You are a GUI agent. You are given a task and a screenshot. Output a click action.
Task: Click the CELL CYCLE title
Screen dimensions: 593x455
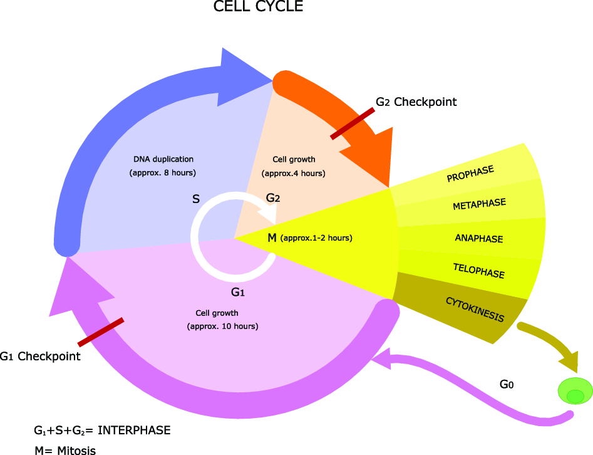point(259,6)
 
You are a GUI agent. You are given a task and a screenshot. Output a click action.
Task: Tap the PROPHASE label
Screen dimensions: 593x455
point(470,174)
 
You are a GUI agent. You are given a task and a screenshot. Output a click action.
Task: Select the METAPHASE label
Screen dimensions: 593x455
point(479,204)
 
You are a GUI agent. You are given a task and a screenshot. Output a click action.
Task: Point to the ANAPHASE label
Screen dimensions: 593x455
point(479,238)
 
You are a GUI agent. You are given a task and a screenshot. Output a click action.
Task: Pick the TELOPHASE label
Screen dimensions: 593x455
point(479,271)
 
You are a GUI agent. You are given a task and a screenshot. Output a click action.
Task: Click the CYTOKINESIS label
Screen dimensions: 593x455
point(475,310)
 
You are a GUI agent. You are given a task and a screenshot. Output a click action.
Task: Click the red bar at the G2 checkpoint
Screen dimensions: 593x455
point(353,124)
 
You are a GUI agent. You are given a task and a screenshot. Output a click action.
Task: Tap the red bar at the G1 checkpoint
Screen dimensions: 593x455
point(101,332)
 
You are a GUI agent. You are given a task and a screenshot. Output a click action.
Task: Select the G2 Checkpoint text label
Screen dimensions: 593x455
point(416,102)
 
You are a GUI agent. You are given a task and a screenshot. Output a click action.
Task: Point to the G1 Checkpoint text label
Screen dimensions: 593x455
point(40,356)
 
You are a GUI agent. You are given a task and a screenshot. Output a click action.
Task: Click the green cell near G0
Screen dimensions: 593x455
point(575,390)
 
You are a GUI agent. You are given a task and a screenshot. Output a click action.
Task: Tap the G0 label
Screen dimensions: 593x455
point(507,384)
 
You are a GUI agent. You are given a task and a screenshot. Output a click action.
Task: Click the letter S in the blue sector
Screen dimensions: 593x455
point(196,199)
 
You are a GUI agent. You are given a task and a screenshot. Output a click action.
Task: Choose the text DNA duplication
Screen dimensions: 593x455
point(163,159)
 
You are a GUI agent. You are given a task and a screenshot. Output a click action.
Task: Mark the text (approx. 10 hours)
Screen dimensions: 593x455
point(223,327)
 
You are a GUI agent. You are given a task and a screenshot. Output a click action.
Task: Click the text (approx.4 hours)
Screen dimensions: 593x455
point(294,174)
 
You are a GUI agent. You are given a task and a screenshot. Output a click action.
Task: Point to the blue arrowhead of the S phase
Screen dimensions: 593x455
point(243,78)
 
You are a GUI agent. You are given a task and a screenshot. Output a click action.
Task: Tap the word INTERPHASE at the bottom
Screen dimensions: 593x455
point(134,431)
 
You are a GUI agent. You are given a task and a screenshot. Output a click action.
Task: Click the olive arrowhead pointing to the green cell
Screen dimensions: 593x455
point(569,361)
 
